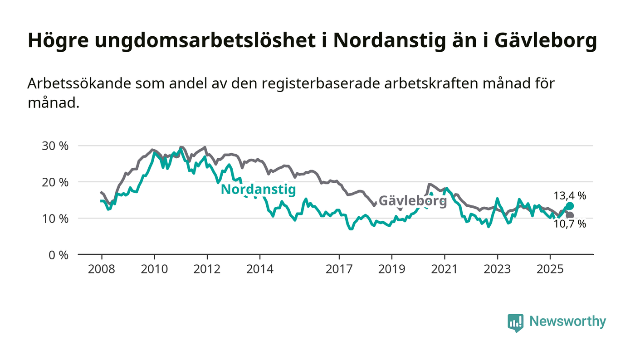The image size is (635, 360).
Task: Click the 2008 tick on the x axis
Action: coord(101,269)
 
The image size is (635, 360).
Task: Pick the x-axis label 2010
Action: coord(154,269)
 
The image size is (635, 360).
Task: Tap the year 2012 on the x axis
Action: coord(207,269)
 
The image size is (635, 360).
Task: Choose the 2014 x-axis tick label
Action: coord(260,269)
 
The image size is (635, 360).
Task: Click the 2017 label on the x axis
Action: coord(339,269)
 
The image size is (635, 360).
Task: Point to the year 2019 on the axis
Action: coord(391,269)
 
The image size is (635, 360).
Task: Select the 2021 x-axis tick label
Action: coord(444,269)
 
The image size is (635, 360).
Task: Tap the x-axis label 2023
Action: coord(497,269)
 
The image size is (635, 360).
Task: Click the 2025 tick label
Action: coord(550,269)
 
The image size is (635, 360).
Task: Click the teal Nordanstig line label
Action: coord(258,190)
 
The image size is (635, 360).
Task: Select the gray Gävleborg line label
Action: coord(412,201)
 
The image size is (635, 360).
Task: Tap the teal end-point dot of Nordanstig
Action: coord(570,206)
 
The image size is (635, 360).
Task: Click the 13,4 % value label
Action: coord(570,196)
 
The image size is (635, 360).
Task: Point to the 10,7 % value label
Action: coord(570,224)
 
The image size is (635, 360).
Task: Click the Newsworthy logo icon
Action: coord(515,322)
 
